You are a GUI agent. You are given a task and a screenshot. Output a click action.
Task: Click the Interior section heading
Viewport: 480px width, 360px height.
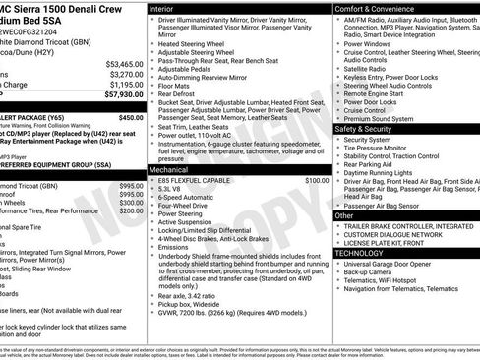(169, 8)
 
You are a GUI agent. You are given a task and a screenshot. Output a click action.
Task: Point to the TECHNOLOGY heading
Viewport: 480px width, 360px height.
(365, 253)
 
